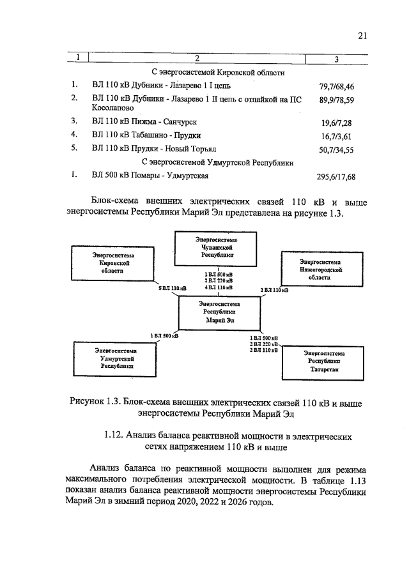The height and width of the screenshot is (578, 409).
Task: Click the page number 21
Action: coord(362,36)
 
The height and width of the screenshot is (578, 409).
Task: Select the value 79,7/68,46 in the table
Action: coord(336,85)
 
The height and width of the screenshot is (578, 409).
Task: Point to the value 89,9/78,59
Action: coord(336,100)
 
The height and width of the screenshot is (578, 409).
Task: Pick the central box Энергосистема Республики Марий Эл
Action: coord(217,313)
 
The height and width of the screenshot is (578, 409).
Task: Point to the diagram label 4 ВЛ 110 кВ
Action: coord(219,288)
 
